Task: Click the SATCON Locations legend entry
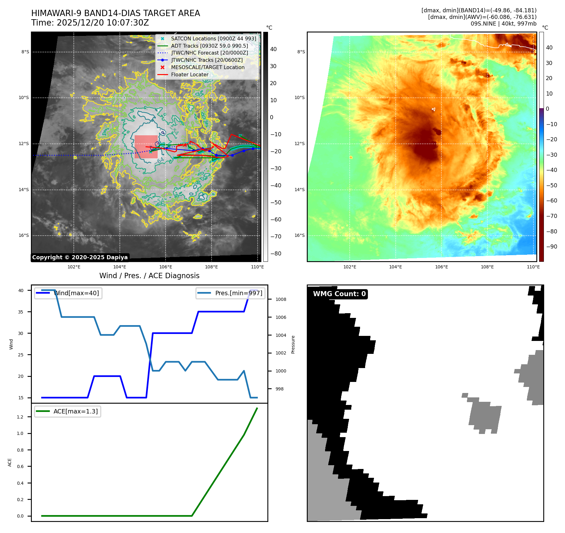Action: click(213, 38)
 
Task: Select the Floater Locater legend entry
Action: click(189, 74)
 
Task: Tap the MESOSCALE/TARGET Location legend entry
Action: click(207, 67)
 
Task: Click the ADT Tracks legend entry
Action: click(209, 46)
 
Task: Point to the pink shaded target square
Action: click(146, 147)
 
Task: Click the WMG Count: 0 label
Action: click(339, 294)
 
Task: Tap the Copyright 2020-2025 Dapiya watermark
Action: click(80, 257)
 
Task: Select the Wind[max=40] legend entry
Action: click(77, 293)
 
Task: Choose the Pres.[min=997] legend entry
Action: click(238, 293)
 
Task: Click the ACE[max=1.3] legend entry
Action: click(75, 411)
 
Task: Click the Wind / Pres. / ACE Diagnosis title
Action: click(149, 276)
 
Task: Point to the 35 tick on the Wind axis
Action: click(21, 312)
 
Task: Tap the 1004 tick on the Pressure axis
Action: click(281, 335)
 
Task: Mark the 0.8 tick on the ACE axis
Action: click(20, 450)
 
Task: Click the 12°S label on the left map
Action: click(24, 144)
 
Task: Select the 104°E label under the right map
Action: click(395, 267)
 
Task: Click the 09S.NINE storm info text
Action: click(503, 24)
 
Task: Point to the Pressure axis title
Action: click(293, 344)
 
